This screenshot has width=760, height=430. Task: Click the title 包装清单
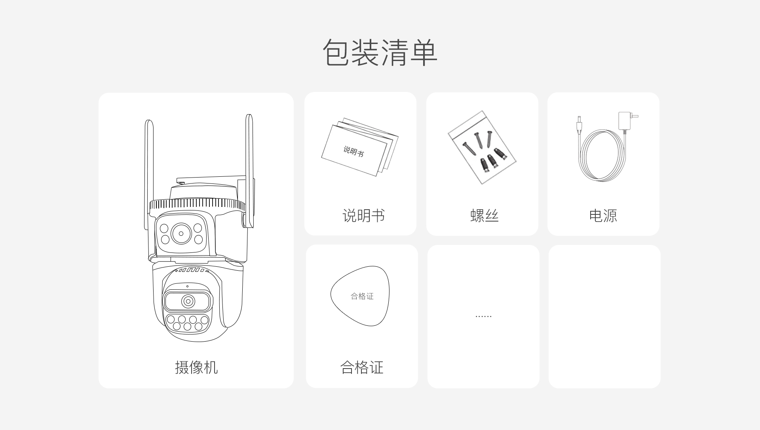pos(380,52)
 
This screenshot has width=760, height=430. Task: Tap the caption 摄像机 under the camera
pos(196,367)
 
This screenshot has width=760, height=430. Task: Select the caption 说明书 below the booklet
pos(363,216)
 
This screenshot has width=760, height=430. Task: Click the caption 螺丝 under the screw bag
pos(484,216)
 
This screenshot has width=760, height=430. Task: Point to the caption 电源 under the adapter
pos(603,216)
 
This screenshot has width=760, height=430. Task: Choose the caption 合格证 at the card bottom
pos(362,367)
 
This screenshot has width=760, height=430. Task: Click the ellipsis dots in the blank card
pos(483,317)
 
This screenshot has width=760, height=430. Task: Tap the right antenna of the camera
pos(249,170)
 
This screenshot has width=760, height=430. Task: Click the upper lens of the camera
pos(181,233)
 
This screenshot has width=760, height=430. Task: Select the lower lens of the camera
pos(188,301)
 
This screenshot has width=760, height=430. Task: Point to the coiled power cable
pos(603,155)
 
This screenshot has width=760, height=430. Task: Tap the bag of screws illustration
pos(482,147)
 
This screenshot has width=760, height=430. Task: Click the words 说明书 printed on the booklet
pos(353,151)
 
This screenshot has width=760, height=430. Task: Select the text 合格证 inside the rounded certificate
pos(362,296)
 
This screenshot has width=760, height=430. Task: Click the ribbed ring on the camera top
pos(197,204)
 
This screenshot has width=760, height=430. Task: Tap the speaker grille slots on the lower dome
pos(192,270)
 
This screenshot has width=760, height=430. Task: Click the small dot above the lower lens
pos(188,286)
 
